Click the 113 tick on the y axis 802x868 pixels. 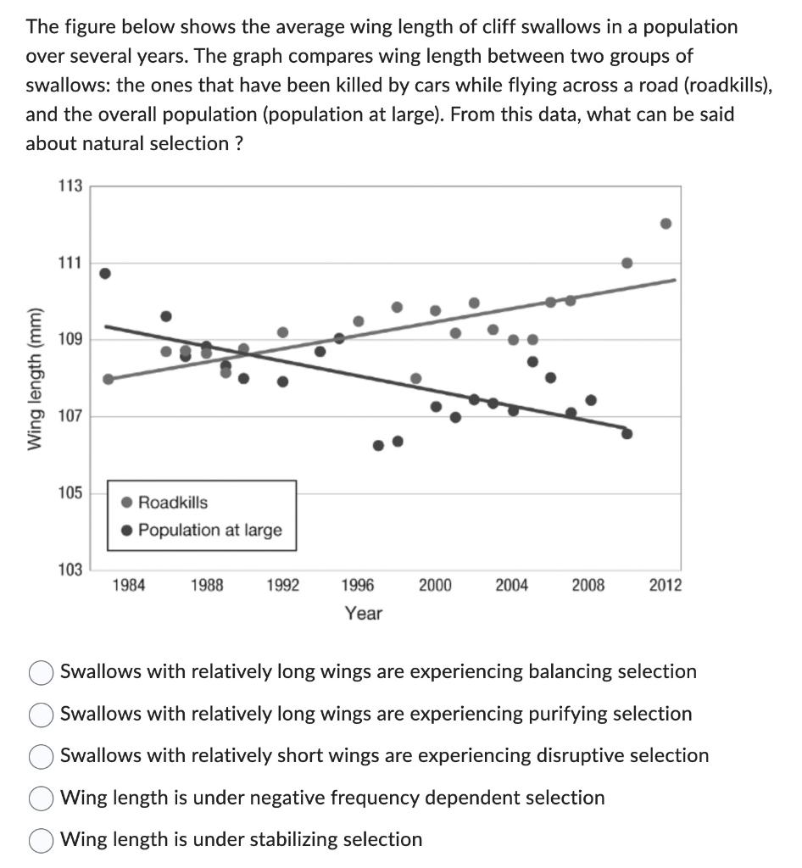tap(69, 186)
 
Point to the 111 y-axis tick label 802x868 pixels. tap(69, 263)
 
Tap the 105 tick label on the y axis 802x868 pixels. tap(69, 492)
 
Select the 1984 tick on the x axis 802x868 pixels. tap(129, 585)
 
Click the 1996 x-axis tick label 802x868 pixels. tap(358, 585)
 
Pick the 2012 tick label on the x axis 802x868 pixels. tap(665, 585)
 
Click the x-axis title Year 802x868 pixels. tap(363, 613)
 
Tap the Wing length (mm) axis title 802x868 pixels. tap(35, 378)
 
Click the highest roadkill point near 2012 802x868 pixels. tap(666, 224)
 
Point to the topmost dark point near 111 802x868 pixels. tap(105, 273)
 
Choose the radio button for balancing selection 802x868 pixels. tap(42, 672)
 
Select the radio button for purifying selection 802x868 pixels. tap(42, 715)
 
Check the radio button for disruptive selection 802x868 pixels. tap(42, 756)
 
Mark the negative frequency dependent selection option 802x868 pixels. tap(42, 798)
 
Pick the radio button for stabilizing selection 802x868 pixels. tap(42, 840)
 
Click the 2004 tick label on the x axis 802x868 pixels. tap(511, 585)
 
